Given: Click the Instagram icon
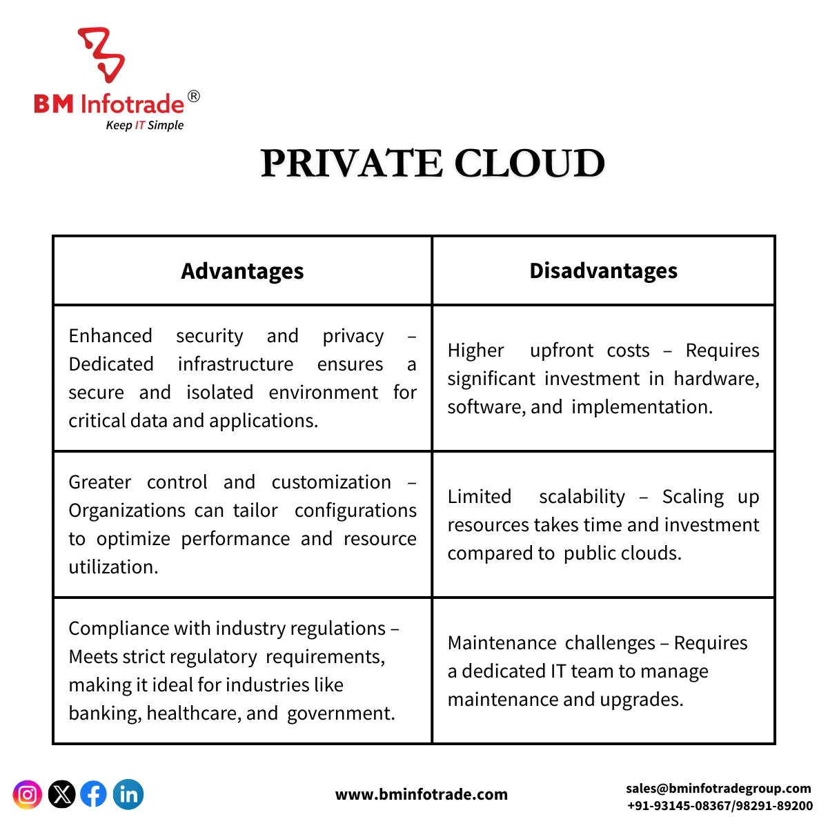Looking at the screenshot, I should [x=28, y=795].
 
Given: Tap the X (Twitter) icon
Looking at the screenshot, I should [x=61, y=795].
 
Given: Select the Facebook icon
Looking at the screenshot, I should [x=94, y=795].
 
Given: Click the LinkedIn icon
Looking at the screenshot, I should [x=128, y=795].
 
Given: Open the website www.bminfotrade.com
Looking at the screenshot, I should [x=421, y=795].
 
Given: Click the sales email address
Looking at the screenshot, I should [x=718, y=789].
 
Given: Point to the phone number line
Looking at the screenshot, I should [x=720, y=806].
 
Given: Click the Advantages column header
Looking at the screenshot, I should [x=242, y=271].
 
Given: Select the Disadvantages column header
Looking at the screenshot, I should [x=603, y=271].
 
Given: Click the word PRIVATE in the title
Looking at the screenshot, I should [x=351, y=164].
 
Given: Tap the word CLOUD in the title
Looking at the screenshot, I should [x=529, y=164].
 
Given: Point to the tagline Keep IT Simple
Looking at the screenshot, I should [x=145, y=126].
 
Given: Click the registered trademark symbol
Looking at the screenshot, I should [x=194, y=97].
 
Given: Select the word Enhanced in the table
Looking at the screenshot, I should [x=110, y=336].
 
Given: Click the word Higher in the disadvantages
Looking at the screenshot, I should [x=475, y=351].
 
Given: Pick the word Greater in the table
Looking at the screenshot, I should [x=99, y=482].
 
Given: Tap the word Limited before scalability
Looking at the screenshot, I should [x=479, y=497].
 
